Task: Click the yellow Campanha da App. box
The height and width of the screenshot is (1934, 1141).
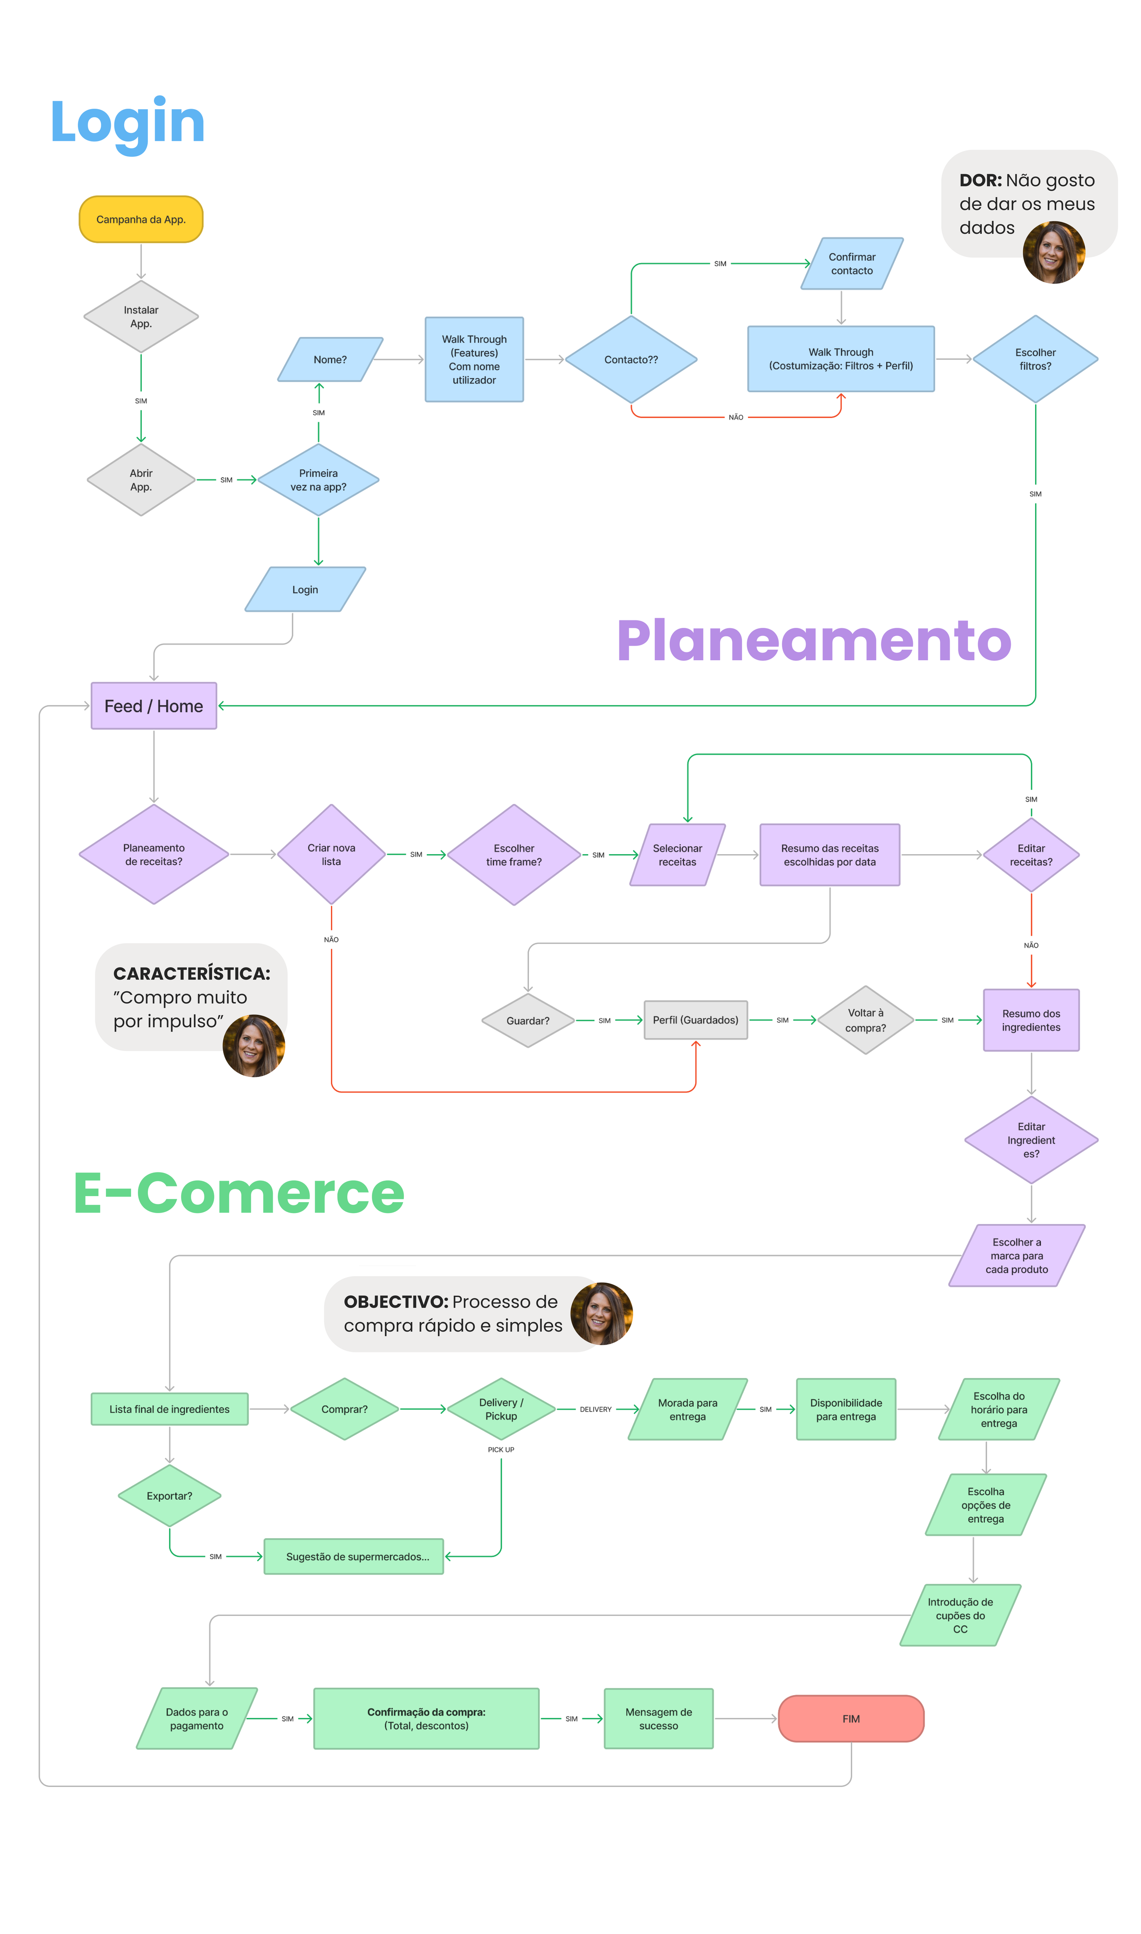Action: point(141,219)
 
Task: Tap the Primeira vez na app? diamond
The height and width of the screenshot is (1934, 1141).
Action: point(318,480)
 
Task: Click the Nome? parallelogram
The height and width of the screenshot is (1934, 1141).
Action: point(330,359)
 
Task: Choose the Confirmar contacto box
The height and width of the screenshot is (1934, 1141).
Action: point(852,264)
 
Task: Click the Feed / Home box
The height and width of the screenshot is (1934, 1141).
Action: point(154,706)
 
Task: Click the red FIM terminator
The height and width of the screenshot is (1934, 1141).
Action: point(850,1719)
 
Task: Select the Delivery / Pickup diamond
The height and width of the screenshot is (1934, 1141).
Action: point(501,1409)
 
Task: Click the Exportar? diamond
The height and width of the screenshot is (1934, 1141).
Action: point(169,1496)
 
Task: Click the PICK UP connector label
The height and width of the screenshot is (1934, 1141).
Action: point(501,1450)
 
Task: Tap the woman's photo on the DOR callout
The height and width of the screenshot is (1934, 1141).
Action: point(1053,252)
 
